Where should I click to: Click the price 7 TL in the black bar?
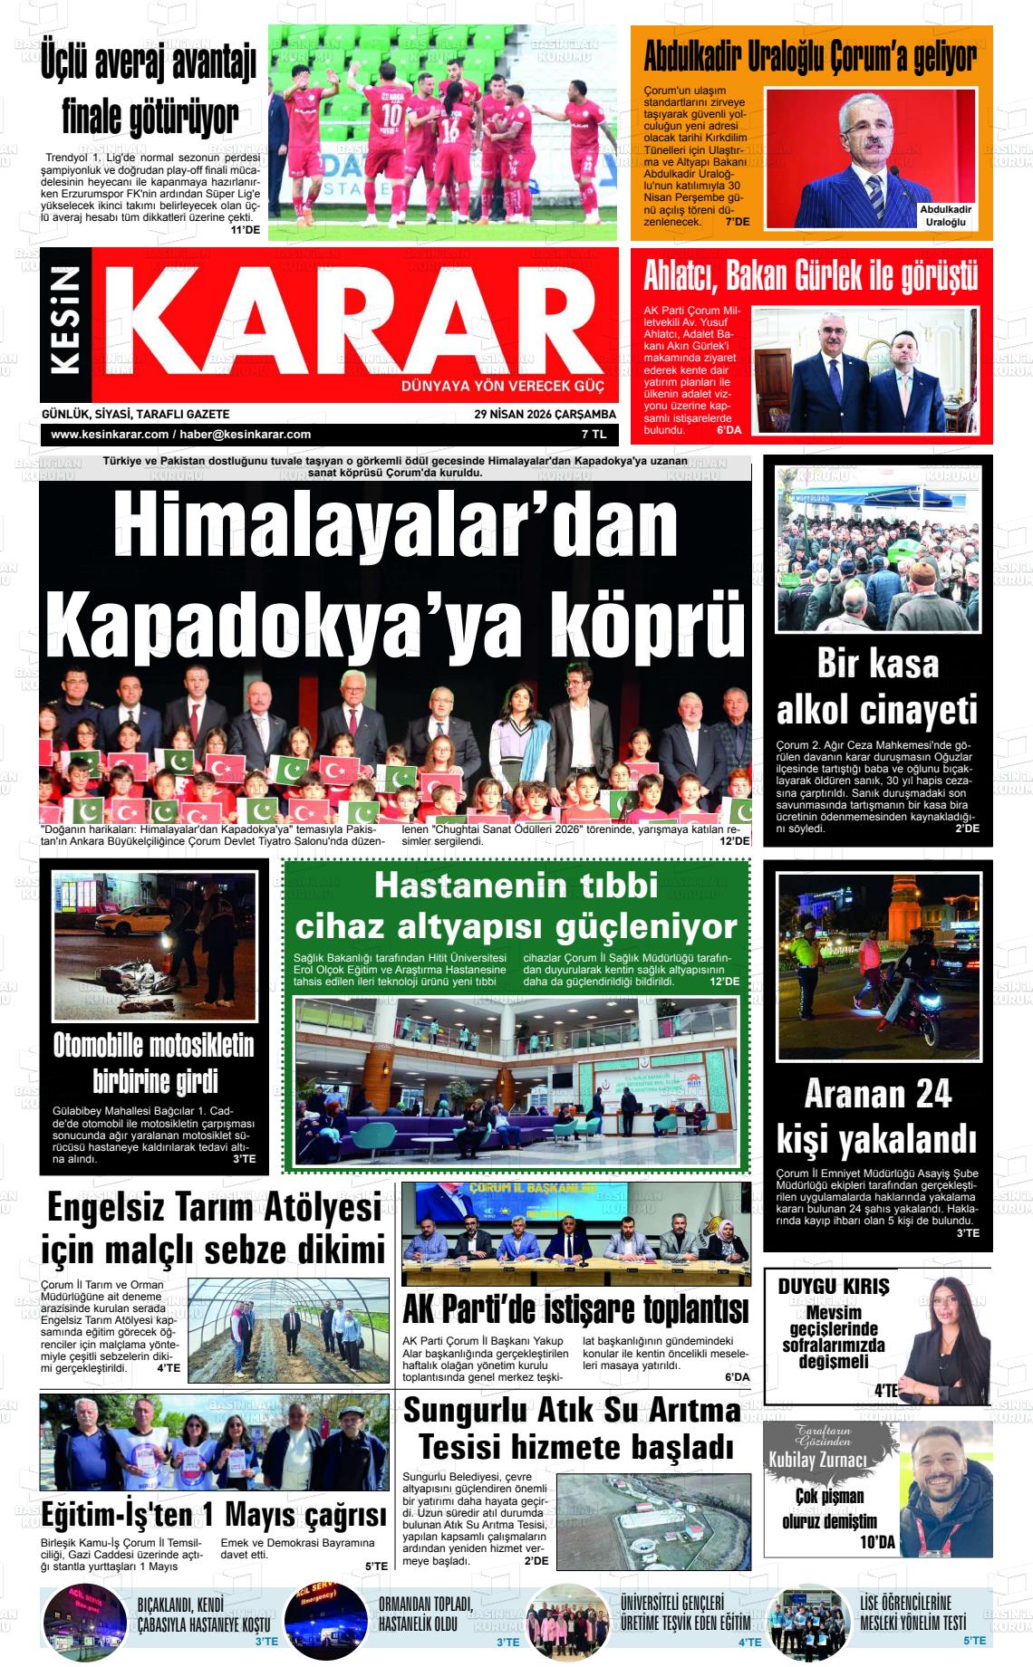point(594,435)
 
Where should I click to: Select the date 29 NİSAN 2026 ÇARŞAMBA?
point(545,414)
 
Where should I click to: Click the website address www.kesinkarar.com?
point(110,435)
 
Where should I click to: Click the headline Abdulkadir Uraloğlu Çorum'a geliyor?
point(810,57)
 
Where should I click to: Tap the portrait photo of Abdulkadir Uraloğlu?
point(870,157)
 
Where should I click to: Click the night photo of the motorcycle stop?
point(877,966)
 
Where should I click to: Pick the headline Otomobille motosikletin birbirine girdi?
point(153,1063)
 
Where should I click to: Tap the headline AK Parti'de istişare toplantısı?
point(575,1308)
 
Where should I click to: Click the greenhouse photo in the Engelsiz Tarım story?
point(288,1326)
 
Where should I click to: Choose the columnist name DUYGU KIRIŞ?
point(834,1286)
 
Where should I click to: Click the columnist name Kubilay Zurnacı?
point(817,1460)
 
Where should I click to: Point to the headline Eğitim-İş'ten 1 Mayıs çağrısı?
point(214,1514)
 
